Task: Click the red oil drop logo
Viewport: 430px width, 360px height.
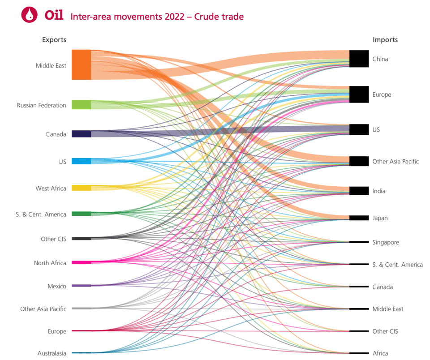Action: (x=30, y=15)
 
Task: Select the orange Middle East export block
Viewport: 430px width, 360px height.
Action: (x=81, y=64)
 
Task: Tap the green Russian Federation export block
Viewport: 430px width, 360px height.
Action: (x=81, y=105)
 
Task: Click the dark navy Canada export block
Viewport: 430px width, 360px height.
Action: (x=81, y=134)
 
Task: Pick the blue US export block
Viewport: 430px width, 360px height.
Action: (x=81, y=161)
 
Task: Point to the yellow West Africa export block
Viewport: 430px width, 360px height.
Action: (x=81, y=188)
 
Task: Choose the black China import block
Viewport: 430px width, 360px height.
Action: (x=359, y=59)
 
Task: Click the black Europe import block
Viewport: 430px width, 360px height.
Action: (x=359, y=94)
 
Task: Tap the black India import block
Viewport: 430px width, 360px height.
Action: (x=359, y=191)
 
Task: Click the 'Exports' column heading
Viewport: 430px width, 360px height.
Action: (x=54, y=40)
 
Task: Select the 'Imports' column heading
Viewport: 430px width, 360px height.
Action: (x=385, y=40)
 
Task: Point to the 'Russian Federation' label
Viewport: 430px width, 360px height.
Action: (x=42, y=106)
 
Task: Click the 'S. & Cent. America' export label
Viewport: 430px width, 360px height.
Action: (x=41, y=214)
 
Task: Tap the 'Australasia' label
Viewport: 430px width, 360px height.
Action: (x=52, y=353)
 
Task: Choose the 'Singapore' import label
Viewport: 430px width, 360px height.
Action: (x=386, y=242)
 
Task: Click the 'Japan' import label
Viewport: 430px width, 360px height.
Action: (x=380, y=218)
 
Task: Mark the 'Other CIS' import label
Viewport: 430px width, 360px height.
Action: (x=385, y=331)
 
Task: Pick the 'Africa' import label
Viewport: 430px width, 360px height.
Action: (x=380, y=353)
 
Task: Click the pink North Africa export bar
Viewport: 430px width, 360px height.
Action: (x=81, y=262)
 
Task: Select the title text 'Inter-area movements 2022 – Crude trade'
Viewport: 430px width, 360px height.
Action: (x=157, y=17)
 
